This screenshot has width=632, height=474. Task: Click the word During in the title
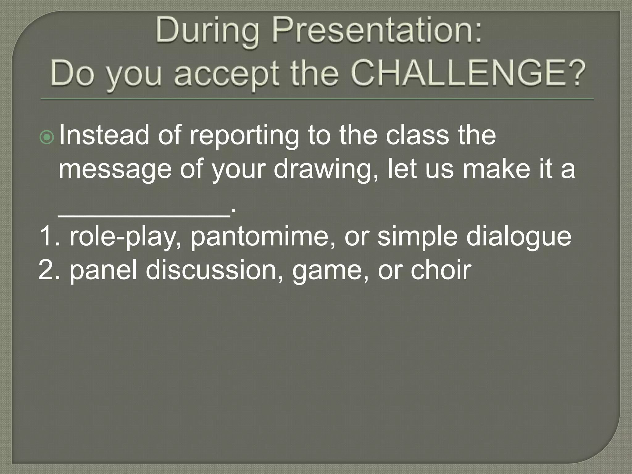tap(207, 32)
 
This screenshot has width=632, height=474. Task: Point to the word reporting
tap(244, 136)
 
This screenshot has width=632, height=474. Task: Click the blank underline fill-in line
tap(144, 216)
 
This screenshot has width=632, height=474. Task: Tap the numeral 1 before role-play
tap(47, 236)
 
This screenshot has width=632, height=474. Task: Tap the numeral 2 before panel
tap(46, 270)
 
